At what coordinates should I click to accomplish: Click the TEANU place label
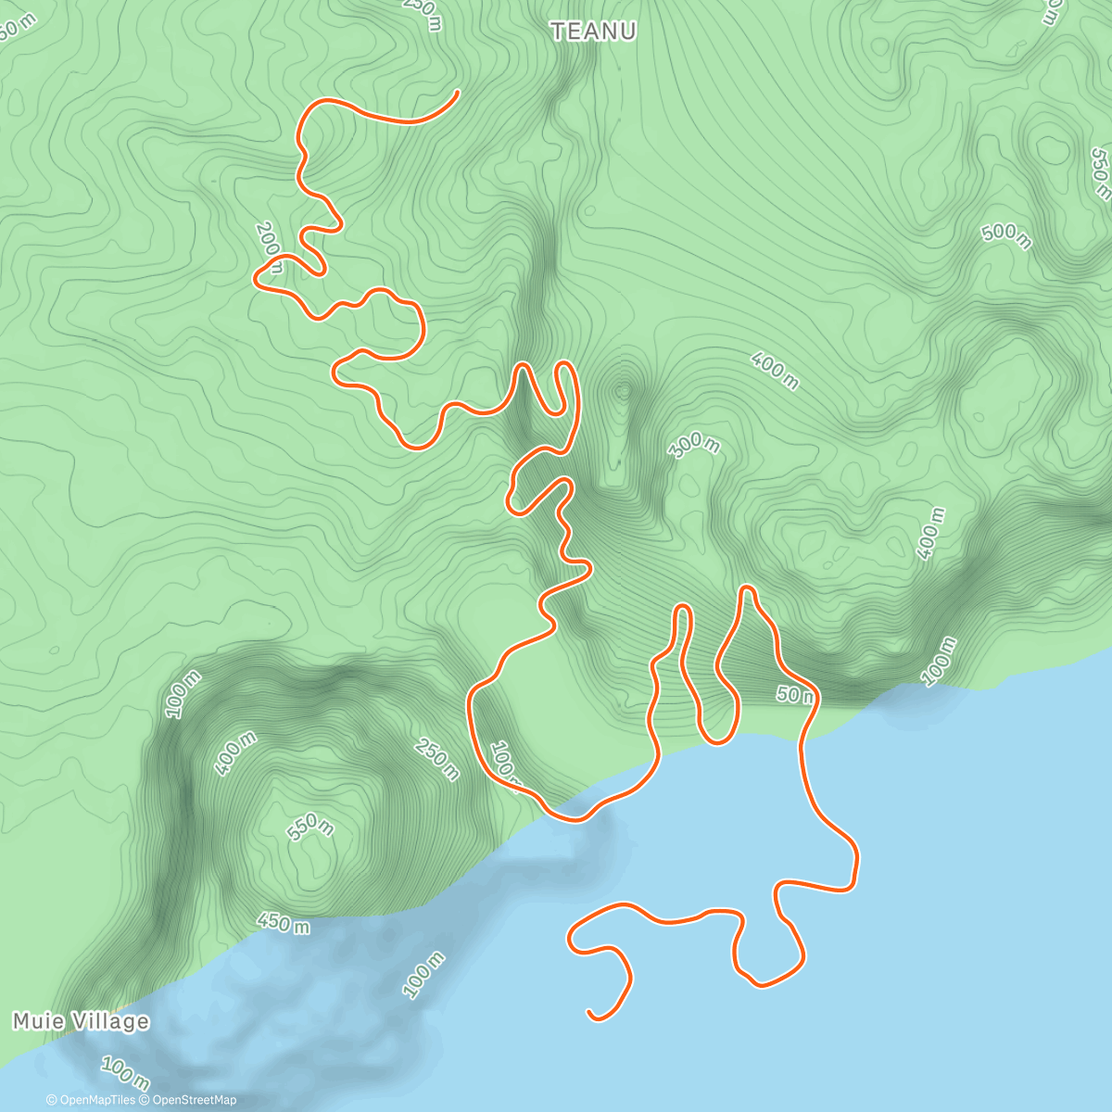pyautogui.click(x=594, y=32)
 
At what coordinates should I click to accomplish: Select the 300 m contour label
pyautogui.click(x=694, y=446)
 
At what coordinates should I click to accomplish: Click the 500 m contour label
pyautogui.click(x=1006, y=235)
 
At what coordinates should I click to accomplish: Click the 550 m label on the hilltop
pyautogui.click(x=310, y=825)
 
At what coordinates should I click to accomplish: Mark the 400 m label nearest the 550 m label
pyautogui.click(x=235, y=753)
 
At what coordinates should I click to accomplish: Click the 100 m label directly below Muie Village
pyautogui.click(x=124, y=1073)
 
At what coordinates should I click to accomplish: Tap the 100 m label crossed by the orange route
pyautogui.click(x=506, y=765)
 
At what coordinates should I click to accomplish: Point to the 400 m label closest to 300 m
pyautogui.click(x=775, y=371)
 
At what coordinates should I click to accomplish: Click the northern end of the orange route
pyautogui.click(x=459, y=92)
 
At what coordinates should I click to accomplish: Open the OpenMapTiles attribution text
pyautogui.click(x=97, y=1100)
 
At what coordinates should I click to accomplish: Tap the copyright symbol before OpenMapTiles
pyautogui.click(x=52, y=1100)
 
